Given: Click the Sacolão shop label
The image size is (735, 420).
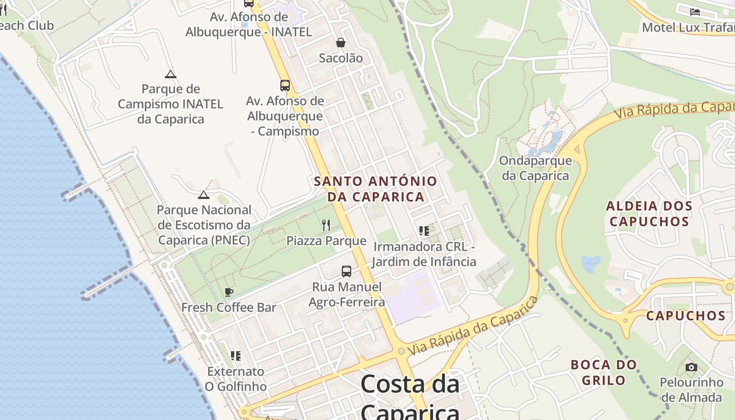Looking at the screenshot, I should (341, 58).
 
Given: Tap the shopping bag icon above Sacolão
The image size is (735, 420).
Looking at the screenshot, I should (341, 43).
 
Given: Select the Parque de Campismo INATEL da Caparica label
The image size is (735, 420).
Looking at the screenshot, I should (170, 104).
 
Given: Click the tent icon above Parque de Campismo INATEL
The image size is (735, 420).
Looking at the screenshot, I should (170, 74).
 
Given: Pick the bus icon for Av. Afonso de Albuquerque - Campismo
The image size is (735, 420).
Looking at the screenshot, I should (285, 85).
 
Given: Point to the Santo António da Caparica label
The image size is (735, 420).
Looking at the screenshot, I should (375, 189).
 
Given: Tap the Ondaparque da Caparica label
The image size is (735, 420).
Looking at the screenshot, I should (535, 168).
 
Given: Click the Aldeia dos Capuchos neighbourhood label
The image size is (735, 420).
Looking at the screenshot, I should (649, 213).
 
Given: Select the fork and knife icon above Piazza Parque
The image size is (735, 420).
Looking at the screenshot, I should (326, 225).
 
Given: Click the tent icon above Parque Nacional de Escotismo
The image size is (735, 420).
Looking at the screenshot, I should (204, 195).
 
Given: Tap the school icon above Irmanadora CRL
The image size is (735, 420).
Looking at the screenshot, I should (424, 231).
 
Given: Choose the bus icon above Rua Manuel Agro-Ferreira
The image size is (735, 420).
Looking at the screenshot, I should (346, 271).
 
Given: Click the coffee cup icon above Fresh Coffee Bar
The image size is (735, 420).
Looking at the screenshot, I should (228, 292).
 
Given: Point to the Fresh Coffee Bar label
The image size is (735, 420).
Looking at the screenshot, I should (228, 307).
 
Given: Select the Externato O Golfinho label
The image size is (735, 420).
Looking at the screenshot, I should (235, 379).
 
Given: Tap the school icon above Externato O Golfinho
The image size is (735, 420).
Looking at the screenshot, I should (236, 356).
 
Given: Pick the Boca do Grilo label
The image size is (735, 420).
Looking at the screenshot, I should (604, 372).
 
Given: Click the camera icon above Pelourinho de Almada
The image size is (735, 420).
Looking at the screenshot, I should (691, 367).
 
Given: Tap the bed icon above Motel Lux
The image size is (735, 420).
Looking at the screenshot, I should (695, 12).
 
